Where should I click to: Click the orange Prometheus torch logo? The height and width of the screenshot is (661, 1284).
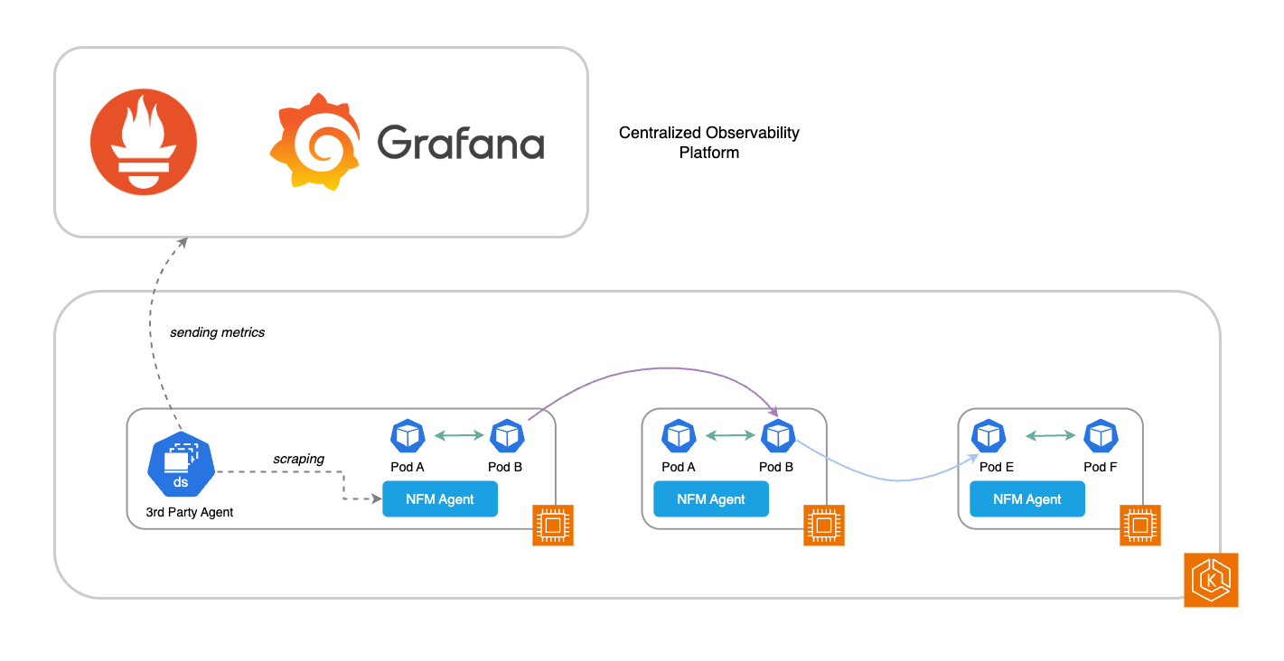point(144,142)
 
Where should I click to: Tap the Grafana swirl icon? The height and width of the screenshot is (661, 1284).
point(313,142)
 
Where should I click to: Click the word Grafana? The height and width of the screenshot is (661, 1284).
point(460,143)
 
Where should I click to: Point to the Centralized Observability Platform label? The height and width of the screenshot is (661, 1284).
point(708,143)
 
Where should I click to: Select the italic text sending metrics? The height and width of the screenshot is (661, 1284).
point(217,332)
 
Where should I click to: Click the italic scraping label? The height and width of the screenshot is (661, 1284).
point(298,459)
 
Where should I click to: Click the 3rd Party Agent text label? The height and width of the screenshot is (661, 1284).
point(190,512)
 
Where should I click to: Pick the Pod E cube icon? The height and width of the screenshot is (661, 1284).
point(989,436)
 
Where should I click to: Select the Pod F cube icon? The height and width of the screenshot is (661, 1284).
point(1101,436)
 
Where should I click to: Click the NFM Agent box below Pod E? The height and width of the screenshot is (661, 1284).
point(1027,499)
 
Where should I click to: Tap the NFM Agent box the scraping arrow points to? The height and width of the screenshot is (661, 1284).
point(440,499)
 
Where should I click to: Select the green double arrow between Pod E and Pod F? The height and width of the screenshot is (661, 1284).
point(1050,436)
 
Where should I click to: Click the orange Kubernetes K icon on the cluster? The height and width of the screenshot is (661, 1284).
point(1211,580)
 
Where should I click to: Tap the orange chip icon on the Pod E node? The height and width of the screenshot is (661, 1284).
point(1140,526)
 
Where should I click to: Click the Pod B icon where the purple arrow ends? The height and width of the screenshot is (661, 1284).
point(777,436)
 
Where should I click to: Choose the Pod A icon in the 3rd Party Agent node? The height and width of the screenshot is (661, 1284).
point(408,436)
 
